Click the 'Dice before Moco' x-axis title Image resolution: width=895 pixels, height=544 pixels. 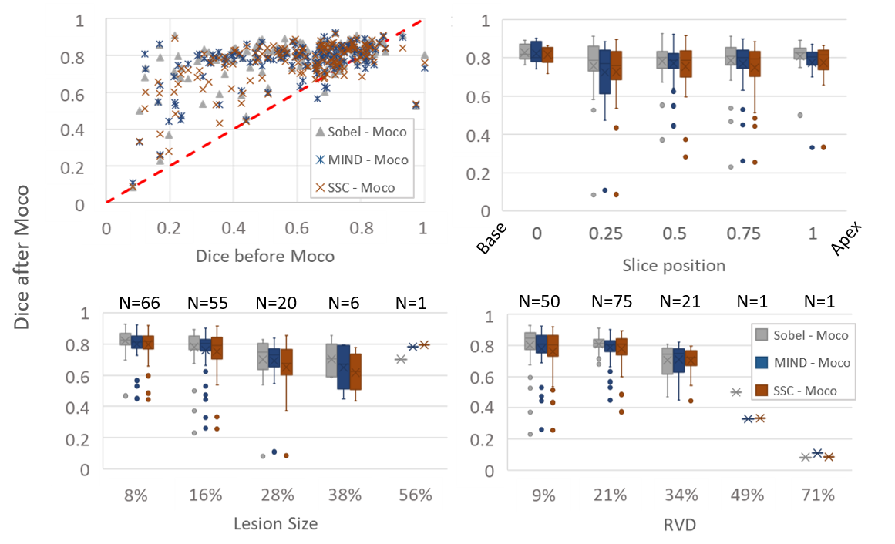point(264,256)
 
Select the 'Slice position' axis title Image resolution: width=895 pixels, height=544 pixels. point(674,266)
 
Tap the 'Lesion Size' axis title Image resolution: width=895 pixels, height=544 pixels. point(275,524)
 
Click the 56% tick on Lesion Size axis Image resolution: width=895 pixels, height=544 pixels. point(416,495)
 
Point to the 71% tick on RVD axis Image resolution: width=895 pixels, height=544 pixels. point(818,495)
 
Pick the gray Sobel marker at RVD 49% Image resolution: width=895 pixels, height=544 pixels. point(735,392)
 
